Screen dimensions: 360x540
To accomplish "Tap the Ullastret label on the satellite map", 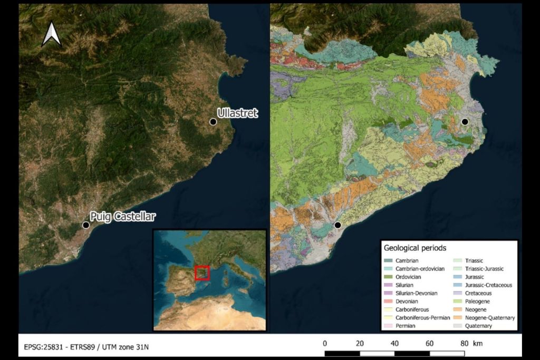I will click(x=237, y=113).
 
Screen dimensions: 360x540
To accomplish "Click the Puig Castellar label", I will click(x=123, y=217).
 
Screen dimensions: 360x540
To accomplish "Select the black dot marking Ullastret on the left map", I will click(x=213, y=122).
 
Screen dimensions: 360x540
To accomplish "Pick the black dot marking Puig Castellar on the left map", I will click(x=86, y=225).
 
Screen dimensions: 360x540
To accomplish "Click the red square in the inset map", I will click(x=202, y=273).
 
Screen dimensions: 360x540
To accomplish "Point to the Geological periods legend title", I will click(x=415, y=248).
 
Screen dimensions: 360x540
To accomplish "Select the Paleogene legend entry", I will click(x=479, y=301).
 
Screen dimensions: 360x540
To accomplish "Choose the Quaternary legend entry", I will click(x=480, y=326).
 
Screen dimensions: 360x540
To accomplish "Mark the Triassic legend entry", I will click(x=477, y=260).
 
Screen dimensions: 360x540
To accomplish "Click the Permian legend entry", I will click(x=406, y=326).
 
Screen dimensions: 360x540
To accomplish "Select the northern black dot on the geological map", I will click(x=465, y=122).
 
